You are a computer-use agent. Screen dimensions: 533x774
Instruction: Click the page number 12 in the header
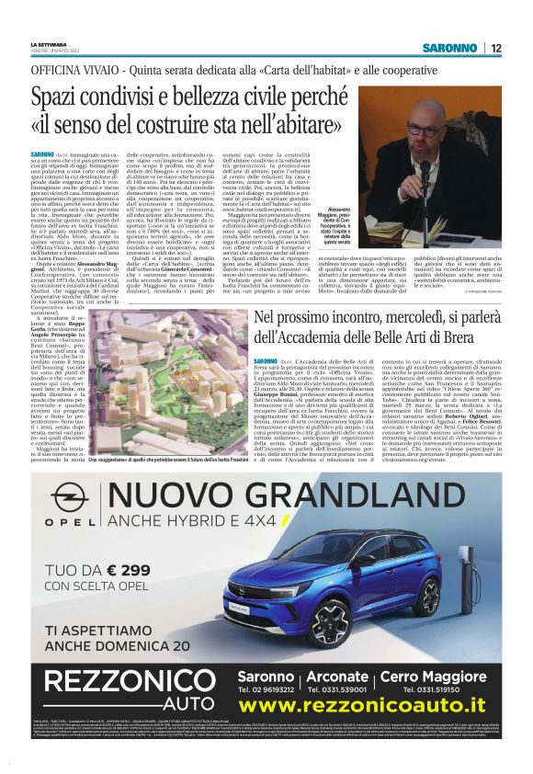[x=495, y=48]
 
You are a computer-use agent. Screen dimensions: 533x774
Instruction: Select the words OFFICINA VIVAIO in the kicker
[x=66, y=71]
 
